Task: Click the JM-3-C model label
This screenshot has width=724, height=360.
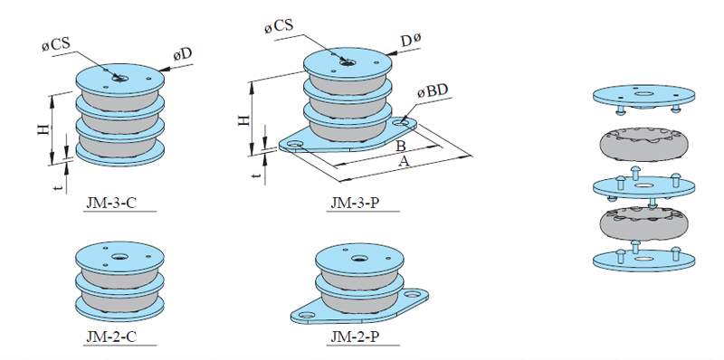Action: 111,204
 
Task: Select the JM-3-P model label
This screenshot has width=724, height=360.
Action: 355,204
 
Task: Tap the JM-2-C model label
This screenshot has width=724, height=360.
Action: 111,336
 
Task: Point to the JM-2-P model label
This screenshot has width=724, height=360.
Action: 355,336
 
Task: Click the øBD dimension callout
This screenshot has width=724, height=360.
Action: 433,91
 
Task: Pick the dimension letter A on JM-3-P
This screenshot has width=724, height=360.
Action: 404,161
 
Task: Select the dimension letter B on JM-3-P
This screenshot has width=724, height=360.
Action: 401,146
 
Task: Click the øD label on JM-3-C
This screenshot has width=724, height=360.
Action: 183,54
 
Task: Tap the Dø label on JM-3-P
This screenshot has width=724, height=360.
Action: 411,40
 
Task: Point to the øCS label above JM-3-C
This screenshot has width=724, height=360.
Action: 56,44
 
